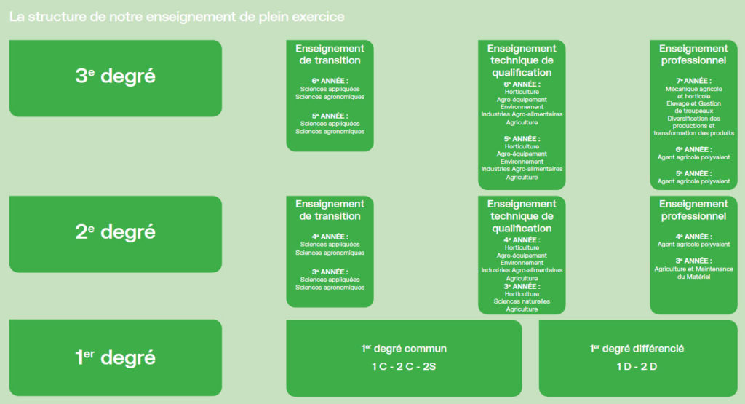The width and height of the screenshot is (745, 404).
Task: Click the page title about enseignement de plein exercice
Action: [177, 17]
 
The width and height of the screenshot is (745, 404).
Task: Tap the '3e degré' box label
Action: [116, 76]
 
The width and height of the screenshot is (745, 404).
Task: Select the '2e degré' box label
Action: [116, 231]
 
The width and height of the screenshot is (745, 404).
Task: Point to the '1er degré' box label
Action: [116, 357]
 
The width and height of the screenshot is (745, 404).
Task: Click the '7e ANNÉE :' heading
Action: [693, 81]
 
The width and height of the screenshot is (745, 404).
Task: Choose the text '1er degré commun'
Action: [404, 349]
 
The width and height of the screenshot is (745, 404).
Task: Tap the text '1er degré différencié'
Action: [637, 349]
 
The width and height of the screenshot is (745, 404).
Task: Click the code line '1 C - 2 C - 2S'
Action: [404, 366]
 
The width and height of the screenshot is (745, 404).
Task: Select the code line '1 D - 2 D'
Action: [637, 366]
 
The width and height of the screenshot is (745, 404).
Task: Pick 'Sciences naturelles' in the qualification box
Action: [522, 301]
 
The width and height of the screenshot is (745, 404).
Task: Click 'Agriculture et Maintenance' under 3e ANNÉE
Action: [693, 269]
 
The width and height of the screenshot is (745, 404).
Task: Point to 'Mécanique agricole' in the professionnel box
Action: [693, 89]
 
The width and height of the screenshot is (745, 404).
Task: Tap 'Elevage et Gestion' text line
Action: [693, 103]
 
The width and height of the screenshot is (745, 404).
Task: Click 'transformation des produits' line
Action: [693, 133]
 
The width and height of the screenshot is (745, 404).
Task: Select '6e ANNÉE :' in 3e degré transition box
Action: [330, 81]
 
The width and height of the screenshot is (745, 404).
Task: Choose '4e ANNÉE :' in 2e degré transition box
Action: [330, 237]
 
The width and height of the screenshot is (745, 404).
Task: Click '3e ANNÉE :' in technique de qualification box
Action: [522, 287]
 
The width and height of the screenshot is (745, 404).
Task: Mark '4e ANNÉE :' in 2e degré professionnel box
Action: [693, 237]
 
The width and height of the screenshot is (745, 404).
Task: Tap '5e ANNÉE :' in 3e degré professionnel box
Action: [693, 173]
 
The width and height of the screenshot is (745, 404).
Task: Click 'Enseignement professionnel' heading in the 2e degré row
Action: [693, 210]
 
